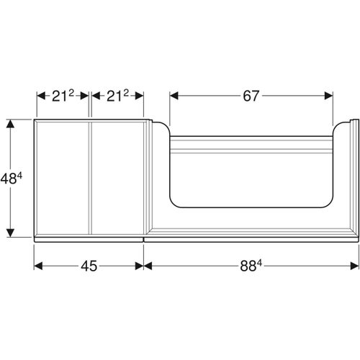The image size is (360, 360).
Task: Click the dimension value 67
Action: click(x=251, y=95)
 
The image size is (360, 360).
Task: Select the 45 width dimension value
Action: click(x=89, y=266)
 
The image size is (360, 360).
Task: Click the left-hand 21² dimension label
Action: click(x=62, y=95)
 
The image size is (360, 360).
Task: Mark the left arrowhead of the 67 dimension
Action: click(x=173, y=95)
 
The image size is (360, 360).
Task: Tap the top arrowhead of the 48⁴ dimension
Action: click(x=10, y=122)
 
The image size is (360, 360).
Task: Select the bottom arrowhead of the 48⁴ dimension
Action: click(x=10, y=233)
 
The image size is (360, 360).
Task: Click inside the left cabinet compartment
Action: click(x=62, y=176)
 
